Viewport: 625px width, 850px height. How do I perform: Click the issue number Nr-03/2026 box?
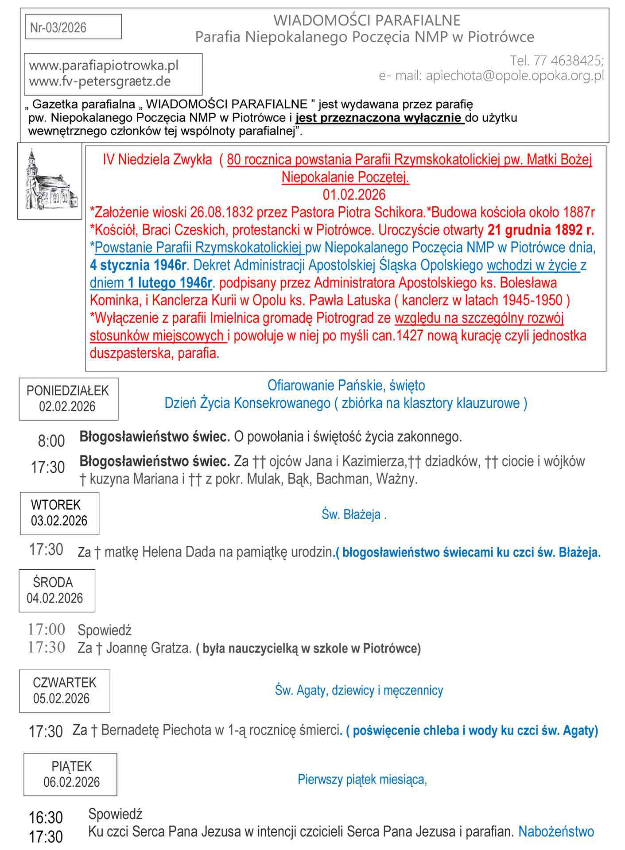(x=73, y=27)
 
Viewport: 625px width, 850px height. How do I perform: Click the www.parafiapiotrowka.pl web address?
(x=104, y=66)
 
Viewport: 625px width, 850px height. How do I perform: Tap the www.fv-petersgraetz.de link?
(x=100, y=81)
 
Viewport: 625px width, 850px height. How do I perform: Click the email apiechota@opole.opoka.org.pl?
(x=515, y=76)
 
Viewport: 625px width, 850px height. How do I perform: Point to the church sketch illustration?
(x=50, y=181)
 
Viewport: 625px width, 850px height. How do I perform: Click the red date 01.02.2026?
(x=354, y=194)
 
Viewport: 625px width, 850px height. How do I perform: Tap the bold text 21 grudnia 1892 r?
(x=540, y=230)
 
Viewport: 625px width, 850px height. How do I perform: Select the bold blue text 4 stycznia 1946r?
(x=138, y=265)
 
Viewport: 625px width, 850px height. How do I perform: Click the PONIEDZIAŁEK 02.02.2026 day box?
(x=68, y=398)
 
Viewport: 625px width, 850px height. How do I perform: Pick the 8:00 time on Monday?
(x=51, y=441)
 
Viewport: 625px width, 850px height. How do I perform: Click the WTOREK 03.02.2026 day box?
(x=59, y=513)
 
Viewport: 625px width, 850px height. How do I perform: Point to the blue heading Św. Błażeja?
(x=354, y=514)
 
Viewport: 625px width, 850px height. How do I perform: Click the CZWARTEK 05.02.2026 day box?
(x=64, y=690)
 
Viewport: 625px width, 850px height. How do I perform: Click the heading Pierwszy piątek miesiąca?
(x=362, y=779)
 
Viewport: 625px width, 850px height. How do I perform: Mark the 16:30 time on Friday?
(x=46, y=817)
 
